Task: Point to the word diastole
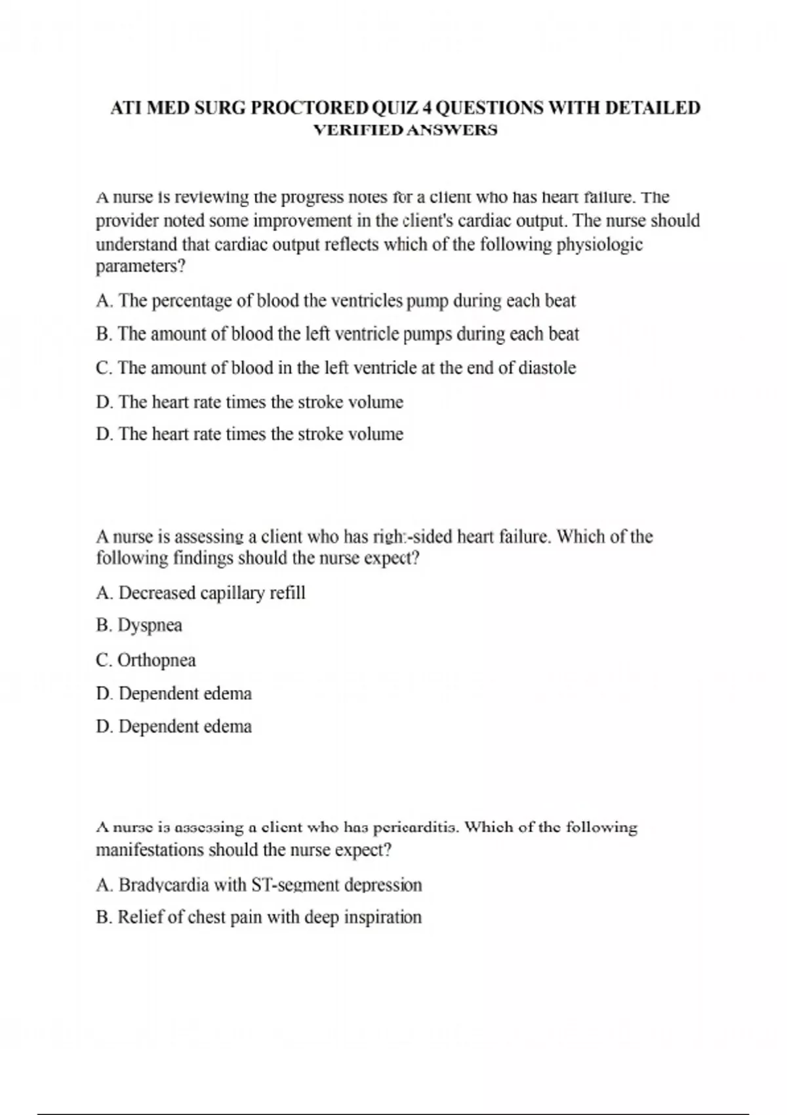point(547,368)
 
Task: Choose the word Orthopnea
point(157,660)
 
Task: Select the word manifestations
point(150,850)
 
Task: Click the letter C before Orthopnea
point(103,660)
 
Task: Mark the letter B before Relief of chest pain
point(103,917)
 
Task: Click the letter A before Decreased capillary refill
point(103,593)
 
